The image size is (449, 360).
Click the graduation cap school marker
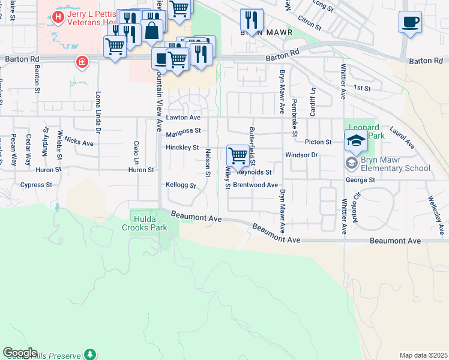(356, 142)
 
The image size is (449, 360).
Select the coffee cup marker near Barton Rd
(161, 59)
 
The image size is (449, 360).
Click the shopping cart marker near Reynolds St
(238, 156)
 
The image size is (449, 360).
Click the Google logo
(20, 353)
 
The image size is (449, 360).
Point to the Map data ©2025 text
(423, 355)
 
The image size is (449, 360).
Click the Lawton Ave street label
(184, 118)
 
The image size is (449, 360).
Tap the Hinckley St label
(182, 147)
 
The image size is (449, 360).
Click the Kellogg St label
(181, 185)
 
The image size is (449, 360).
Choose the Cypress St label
(36, 185)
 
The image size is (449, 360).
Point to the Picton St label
(318, 142)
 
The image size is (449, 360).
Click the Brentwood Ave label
(255, 185)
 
